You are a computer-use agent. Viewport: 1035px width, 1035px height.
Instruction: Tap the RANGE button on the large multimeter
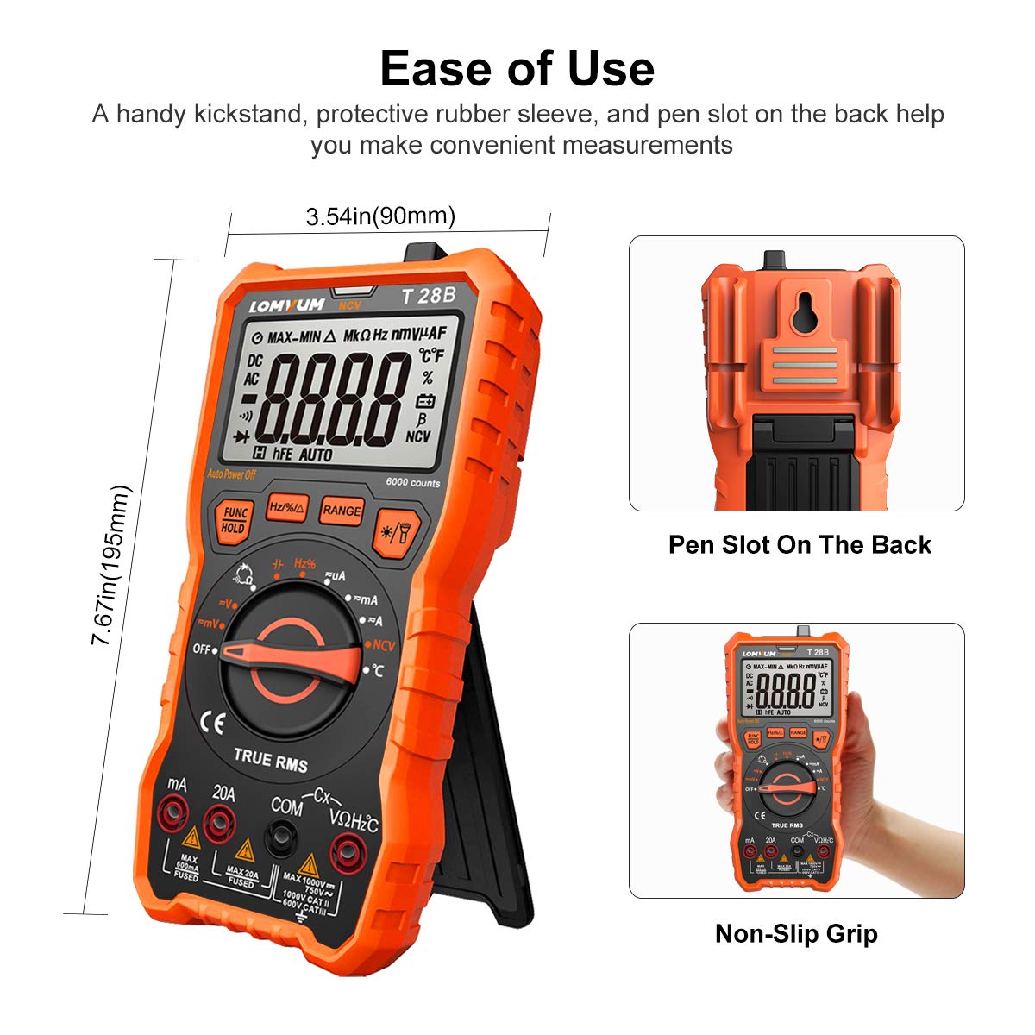click(342, 511)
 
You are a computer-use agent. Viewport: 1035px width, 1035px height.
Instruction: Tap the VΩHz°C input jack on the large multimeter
click(349, 852)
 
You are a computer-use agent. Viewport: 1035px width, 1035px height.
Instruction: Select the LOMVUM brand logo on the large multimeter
click(287, 304)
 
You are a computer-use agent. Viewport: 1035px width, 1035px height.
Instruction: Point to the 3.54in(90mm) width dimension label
click(380, 216)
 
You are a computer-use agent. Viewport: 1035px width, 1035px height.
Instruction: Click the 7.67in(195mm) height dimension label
click(112, 565)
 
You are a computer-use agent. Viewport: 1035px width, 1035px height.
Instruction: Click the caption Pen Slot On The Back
click(800, 545)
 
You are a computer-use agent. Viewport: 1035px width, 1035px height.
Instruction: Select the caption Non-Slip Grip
click(796, 933)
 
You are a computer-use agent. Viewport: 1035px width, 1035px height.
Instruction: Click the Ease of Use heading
click(517, 68)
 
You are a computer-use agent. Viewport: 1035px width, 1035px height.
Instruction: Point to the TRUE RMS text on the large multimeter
click(271, 760)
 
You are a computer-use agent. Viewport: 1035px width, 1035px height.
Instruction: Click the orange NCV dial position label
click(382, 645)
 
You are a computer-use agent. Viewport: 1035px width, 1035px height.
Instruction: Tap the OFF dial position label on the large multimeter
click(201, 649)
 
